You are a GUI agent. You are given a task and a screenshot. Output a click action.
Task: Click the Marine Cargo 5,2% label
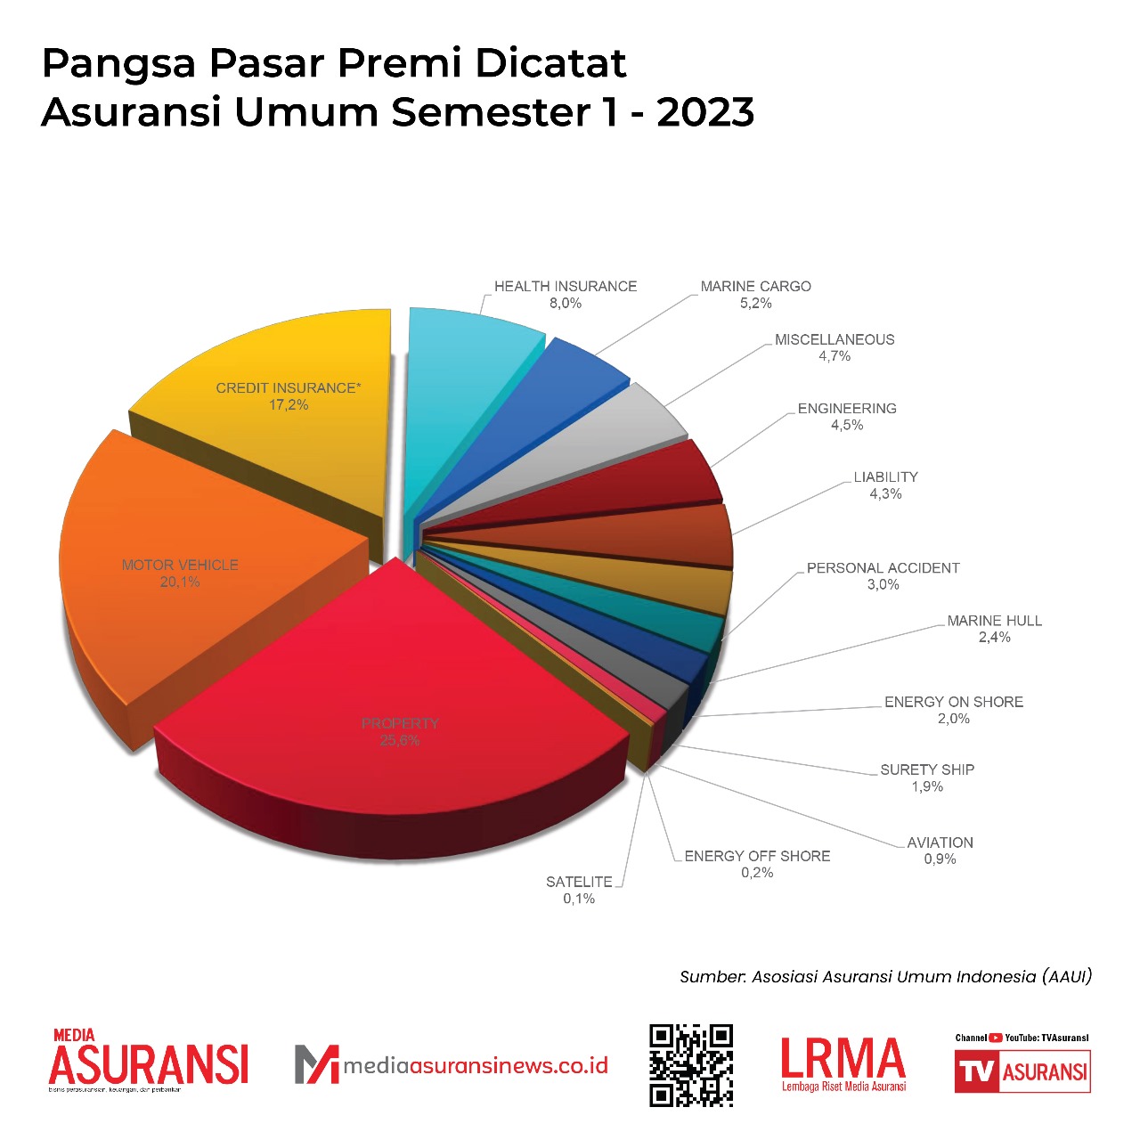755,295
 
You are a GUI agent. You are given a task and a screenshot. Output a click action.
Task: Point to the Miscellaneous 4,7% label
835,347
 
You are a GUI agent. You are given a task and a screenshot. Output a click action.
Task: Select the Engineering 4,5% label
847,417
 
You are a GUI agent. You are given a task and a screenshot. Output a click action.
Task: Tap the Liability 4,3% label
885,485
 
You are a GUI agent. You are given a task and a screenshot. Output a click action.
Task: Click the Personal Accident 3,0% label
883,576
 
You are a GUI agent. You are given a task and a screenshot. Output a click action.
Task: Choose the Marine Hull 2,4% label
994,629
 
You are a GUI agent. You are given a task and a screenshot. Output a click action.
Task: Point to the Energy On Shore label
953,710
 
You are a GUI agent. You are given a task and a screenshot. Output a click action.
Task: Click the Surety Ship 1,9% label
927,778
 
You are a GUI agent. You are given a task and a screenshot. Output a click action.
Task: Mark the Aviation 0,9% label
940,851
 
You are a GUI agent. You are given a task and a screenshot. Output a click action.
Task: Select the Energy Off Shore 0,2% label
757,864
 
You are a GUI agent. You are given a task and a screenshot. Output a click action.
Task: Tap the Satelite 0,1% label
579,890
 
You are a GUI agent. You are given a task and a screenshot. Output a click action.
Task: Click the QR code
691,1065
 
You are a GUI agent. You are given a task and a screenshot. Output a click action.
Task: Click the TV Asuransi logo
1022,1070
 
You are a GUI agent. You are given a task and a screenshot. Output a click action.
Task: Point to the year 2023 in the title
705,112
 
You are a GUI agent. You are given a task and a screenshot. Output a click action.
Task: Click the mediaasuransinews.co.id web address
476,1065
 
